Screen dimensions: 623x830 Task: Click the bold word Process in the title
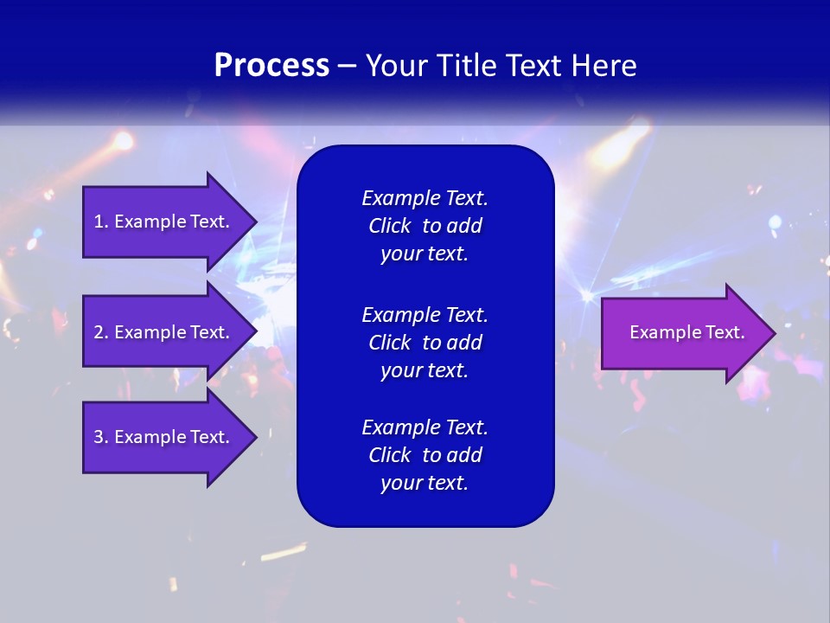click(271, 66)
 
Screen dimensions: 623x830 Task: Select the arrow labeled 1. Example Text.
click(164, 222)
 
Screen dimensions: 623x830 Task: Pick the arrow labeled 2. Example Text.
click(164, 332)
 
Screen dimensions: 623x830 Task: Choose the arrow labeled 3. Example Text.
click(164, 437)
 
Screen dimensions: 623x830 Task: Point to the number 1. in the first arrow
click(101, 222)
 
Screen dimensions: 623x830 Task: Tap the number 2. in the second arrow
click(101, 332)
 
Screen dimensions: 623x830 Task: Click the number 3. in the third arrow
click(101, 437)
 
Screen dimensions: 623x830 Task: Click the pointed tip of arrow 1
click(253, 222)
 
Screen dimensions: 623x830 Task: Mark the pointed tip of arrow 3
click(253, 437)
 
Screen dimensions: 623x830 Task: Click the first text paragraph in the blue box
click(425, 226)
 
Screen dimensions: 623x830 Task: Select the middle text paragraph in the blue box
click(425, 342)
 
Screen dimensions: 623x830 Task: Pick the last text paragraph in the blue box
click(425, 455)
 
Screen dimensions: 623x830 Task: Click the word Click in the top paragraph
click(389, 226)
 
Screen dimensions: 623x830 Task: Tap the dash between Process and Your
click(347, 66)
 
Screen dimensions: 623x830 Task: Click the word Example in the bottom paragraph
click(401, 427)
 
